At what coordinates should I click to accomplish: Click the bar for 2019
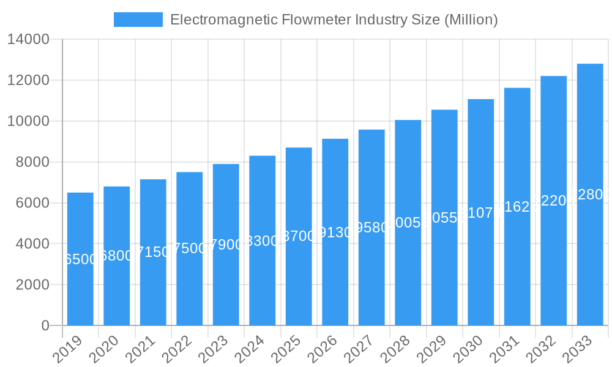80,259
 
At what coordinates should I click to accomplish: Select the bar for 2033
590,195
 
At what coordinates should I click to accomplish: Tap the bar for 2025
299,236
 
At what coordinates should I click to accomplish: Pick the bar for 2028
408,223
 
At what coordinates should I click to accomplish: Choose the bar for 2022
190,248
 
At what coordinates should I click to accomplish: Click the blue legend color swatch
138,20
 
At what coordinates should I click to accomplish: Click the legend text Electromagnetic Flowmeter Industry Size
334,20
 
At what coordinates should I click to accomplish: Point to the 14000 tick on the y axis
28,40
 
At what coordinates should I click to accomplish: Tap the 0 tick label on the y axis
45,325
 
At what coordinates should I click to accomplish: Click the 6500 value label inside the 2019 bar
80,259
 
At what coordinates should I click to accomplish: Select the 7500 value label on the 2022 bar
190,248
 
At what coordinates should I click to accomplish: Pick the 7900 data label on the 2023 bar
226,245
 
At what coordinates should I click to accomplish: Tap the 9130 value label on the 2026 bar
335,233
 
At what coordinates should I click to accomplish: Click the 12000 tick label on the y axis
28,80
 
